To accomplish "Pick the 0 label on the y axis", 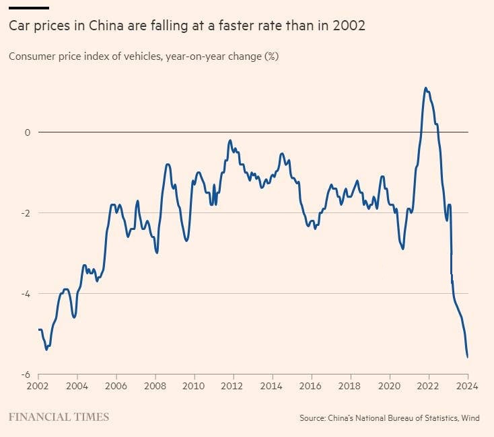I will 28,132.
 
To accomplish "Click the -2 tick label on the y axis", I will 26,213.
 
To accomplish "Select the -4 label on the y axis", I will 26,294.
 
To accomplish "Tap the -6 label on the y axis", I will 26,374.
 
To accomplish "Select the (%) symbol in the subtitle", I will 271,56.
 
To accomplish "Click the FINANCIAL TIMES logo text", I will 59,418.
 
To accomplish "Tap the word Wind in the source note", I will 470,418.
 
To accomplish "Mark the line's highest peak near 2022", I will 425,87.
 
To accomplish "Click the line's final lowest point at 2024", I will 468,357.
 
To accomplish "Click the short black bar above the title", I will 29,7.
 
